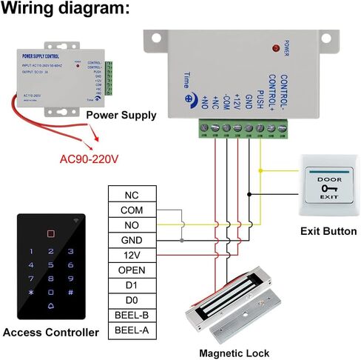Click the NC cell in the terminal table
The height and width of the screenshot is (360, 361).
[132, 195]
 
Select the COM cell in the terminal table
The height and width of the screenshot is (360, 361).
[132, 210]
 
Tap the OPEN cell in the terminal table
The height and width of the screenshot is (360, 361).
[132, 270]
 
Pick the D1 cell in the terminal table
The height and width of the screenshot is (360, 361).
[132, 285]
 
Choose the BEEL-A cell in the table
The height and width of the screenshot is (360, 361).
[132, 330]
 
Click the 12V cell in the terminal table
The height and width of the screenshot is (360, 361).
[132, 255]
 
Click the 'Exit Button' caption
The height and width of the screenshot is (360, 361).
[328, 231]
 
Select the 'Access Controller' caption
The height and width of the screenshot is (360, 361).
[50, 333]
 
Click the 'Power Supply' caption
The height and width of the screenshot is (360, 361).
[121, 115]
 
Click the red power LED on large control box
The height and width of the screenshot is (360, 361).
[277, 48]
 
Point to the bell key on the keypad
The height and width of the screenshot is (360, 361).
[51, 306]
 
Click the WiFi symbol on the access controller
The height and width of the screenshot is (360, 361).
[78, 221]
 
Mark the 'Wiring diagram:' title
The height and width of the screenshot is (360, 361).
[66, 10]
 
